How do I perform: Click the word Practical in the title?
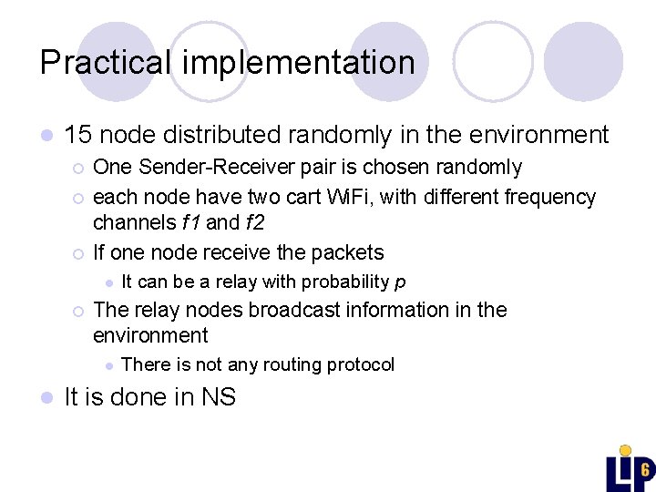pos(105,63)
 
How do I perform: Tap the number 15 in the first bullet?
pos(77,135)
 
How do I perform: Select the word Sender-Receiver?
pos(200,167)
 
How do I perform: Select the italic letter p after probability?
pos(400,282)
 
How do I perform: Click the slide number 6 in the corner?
pos(644,470)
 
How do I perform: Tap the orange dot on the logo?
pos(625,450)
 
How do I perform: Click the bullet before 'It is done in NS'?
pos(46,398)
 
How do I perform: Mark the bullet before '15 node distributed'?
pos(46,136)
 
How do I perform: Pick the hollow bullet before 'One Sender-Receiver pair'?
pos(79,168)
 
